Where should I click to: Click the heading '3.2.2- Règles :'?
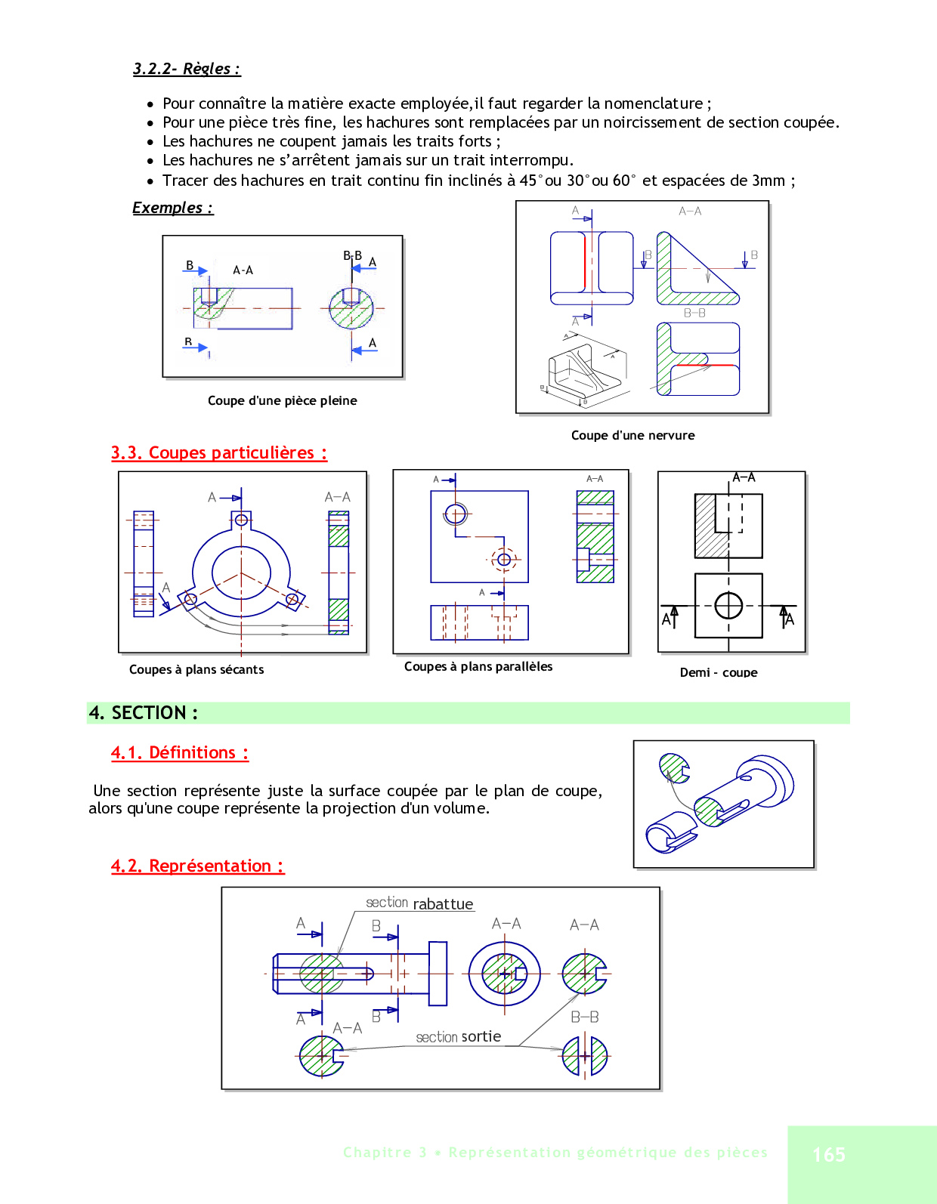(186, 69)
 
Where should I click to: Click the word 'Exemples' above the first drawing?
(168, 208)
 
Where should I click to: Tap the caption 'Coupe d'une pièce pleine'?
(282, 400)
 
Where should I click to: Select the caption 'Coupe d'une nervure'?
(632, 435)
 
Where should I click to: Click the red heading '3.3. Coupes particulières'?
(218, 452)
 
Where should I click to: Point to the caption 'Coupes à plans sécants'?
(196, 669)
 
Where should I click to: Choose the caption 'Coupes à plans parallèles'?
(478, 666)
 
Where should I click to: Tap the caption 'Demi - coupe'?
(718, 672)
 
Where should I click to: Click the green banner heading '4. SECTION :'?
(144, 712)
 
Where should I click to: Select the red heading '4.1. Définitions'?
(179, 752)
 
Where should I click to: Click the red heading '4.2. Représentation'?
(197, 866)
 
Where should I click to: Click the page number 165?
(829, 1154)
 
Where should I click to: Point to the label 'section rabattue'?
(419, 903)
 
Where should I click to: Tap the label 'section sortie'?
(458, 1037)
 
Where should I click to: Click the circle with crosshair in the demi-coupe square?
(728, 605)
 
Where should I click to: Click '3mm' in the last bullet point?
(768, 181)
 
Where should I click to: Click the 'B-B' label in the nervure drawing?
(694, 313)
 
